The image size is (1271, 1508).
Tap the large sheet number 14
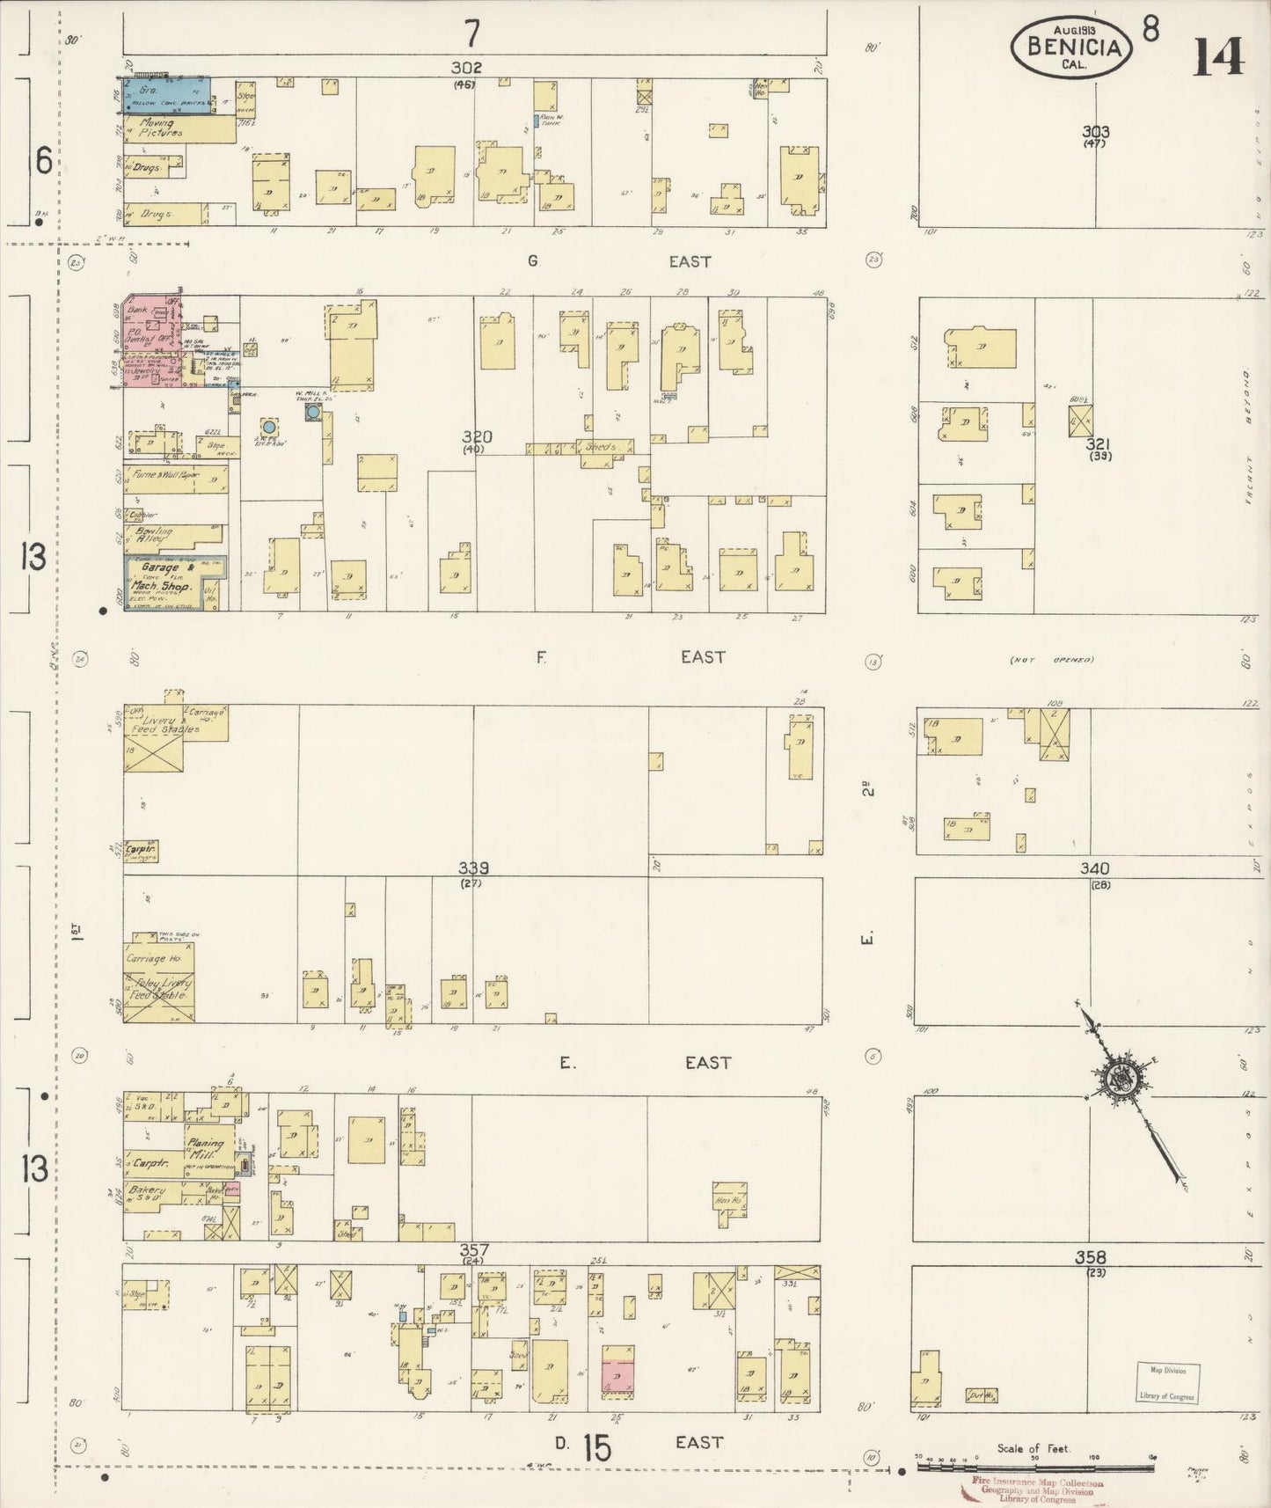pos(1218,58)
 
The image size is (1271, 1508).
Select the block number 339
pos(473,868)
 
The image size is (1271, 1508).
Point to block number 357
pos(473,1250)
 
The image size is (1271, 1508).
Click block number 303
pos(1095,132)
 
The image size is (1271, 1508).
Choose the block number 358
pos(1090,1257)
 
